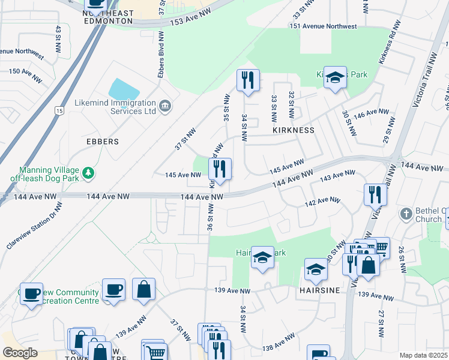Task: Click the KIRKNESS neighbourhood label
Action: tap(294, 130)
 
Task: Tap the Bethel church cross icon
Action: tap(406, 214)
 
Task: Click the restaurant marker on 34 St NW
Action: tap(248, 80)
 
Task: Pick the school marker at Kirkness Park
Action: tap(335, 77)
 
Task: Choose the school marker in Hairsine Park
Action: tap(262, 257)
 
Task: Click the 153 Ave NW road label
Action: tap(191, 20)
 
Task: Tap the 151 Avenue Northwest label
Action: tap(323, 26)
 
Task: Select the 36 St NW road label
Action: tap(211, 218)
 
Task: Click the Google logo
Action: tap(20, 353)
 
